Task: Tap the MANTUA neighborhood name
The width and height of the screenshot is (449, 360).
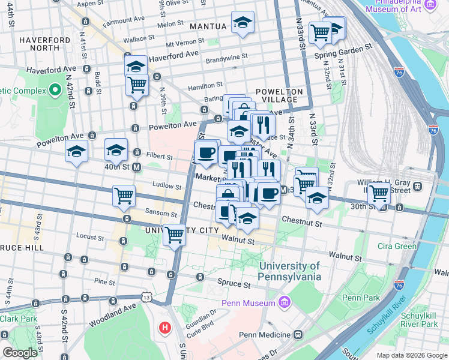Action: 208,26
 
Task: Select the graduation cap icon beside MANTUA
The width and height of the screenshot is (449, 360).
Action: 243,23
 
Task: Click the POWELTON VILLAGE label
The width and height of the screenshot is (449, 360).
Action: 277,95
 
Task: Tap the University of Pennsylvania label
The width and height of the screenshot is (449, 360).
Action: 289,271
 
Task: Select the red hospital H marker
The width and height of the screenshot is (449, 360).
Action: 164,328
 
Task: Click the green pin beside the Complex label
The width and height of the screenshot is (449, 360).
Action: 55,91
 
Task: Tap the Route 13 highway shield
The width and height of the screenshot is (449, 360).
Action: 146,296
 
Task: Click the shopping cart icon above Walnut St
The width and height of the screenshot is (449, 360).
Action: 175,235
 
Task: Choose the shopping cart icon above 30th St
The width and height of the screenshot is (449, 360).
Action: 379,193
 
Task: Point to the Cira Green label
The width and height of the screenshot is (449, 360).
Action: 397,246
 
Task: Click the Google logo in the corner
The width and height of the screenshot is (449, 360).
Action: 19,353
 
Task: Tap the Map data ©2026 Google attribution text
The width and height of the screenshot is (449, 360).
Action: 411,355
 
